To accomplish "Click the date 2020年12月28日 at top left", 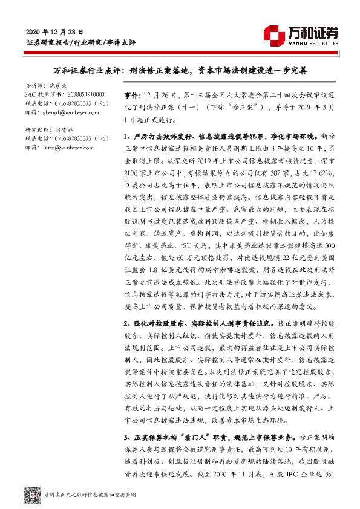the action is coord(55,31).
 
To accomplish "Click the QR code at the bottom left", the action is coord(31,493).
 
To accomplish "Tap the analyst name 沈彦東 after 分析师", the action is coord(59,86).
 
